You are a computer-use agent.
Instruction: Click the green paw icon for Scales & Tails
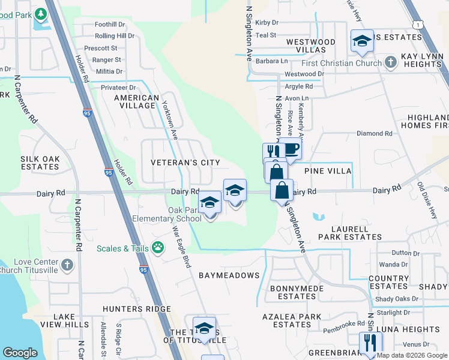(x=158, y=247)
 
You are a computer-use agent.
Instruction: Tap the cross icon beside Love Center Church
(x=67, y=264)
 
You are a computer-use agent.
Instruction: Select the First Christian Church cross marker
(x=390, y=62)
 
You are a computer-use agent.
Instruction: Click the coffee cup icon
(x=291, y=149)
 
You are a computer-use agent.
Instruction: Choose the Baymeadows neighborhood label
(x=229, y=275)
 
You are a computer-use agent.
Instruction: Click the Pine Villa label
(x=328, y=171)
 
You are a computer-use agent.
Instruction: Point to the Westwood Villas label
(x=310, y=46)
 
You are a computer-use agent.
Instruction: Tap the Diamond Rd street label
(x=374, y=133)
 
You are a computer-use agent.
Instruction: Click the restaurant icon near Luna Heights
(x=370, y=343)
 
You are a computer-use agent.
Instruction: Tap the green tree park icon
(x=40, y=13)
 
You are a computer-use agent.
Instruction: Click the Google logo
(x=20, y=353)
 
